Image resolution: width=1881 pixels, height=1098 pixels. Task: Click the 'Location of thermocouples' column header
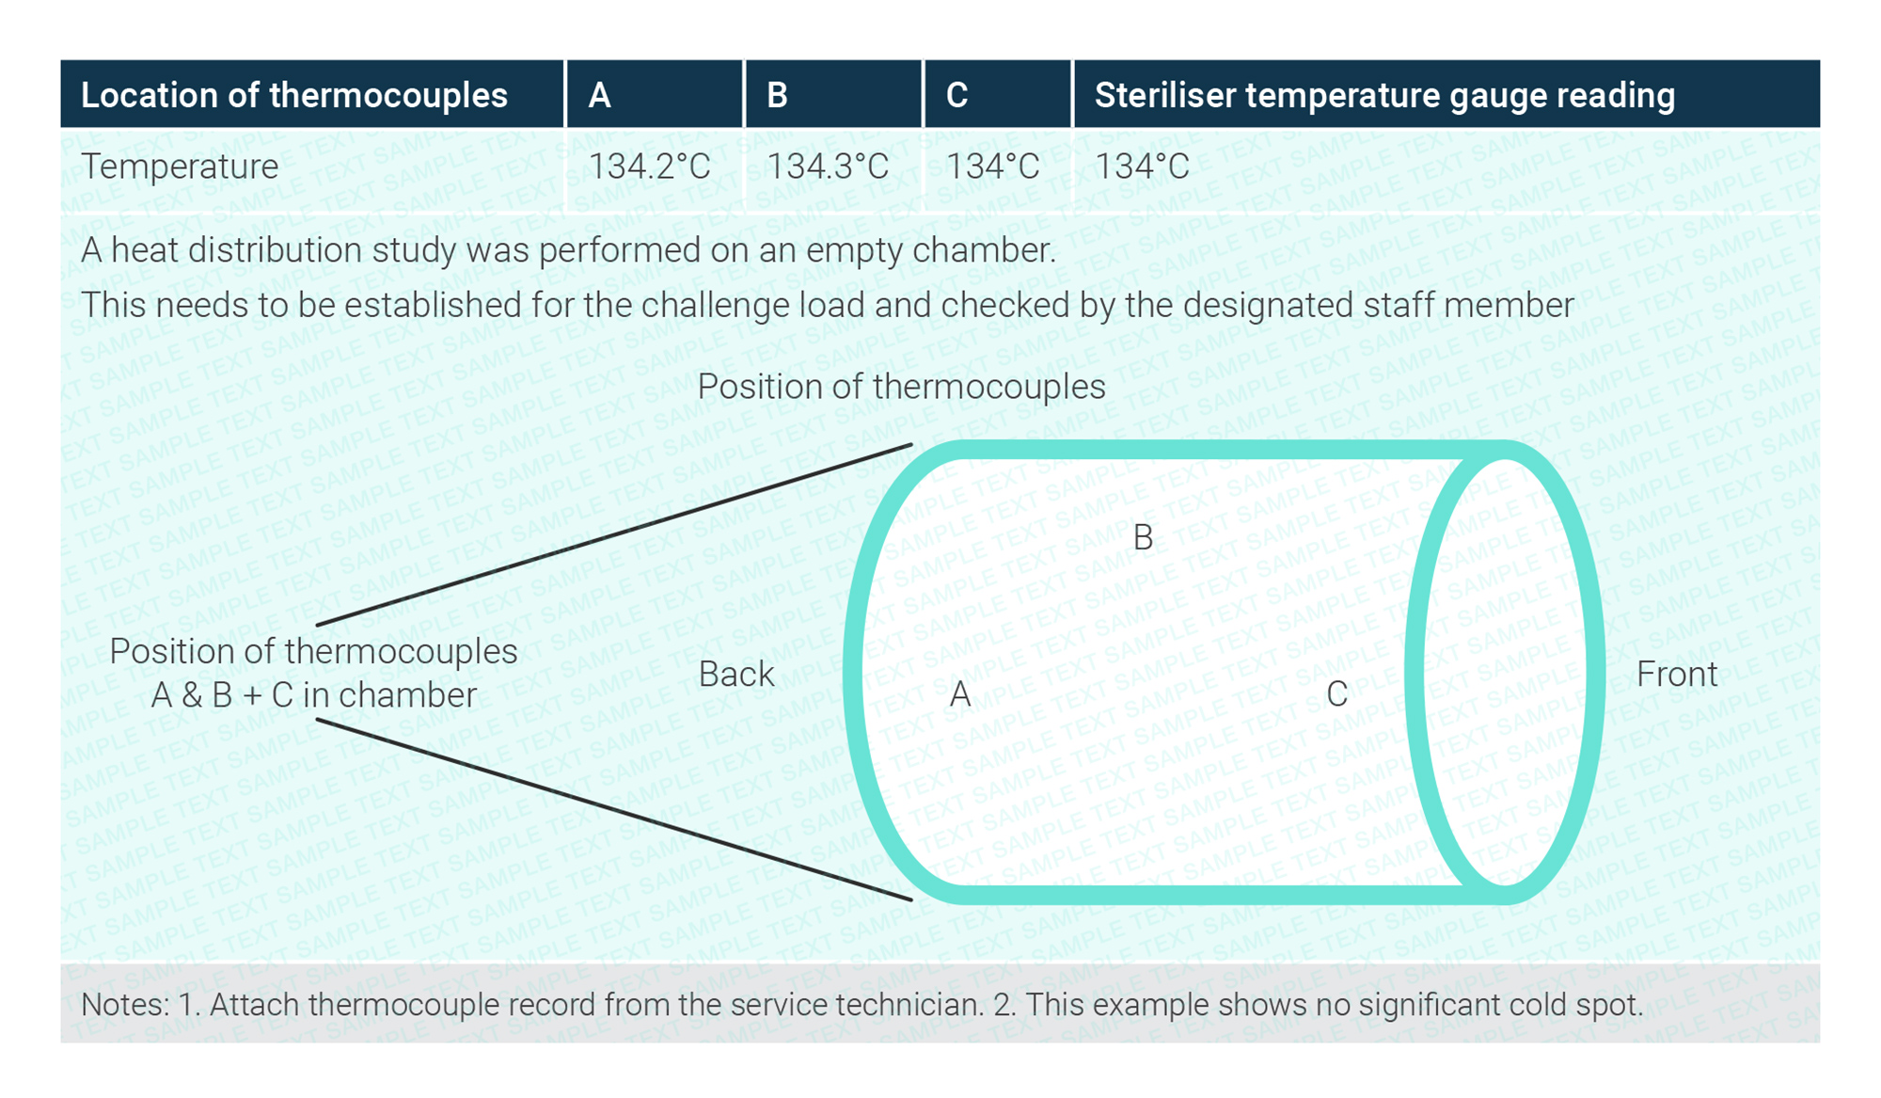[x=293, y=95]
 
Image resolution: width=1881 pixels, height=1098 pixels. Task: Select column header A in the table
[x=600, y=95]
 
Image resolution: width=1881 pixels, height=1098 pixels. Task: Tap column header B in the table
[x=777, y=95]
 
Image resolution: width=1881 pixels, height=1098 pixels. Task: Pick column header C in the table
[x=956, y=95]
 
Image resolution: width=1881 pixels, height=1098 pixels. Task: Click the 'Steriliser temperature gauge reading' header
[x=1384, y=95]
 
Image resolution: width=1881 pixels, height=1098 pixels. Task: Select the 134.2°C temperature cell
[x=649, y=167]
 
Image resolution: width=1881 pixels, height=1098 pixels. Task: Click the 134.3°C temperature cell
[x=828, y=167]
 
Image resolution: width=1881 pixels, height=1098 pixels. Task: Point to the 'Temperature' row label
[x=180, y=167]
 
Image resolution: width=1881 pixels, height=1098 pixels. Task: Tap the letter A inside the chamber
[x=959, y=694]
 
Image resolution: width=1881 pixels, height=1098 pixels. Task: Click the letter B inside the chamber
[x=1143, y=537]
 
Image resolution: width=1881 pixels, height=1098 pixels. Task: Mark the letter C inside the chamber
[x=1336, y=694]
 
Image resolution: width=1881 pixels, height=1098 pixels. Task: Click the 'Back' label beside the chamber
[x=736, y=674]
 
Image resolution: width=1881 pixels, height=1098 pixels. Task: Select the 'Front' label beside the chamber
[x=1677, y=674]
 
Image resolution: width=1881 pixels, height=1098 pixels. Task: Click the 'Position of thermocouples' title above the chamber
[x=901, y=387]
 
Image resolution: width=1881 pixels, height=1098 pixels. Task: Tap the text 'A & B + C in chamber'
[x=313, y=695]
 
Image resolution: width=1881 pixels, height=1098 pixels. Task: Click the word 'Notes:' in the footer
[x=125, y=1005]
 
